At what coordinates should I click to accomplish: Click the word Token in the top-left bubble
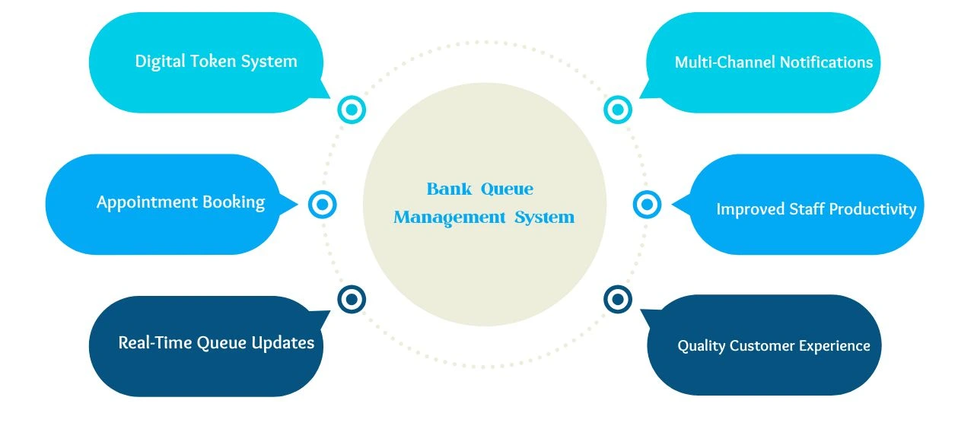(x=213, y=62)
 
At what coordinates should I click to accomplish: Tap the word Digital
(x=162, y=62)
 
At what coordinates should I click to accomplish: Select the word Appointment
(x=147, y=202)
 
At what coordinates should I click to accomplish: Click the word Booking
(x=234, y=202)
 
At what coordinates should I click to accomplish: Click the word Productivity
(x=873, y=209)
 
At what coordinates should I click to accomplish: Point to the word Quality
(x=701, y=346)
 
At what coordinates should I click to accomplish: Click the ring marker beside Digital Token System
(x=352, y=110)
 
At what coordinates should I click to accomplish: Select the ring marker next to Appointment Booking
(x=323, y=204)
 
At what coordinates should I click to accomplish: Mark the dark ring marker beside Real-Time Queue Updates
(x=352, y=299)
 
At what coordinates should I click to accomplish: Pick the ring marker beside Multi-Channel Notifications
(x=618, y=110)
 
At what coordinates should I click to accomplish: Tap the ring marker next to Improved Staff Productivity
(x=647, y=204)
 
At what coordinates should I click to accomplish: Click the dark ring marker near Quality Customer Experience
(x=618, y=299)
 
